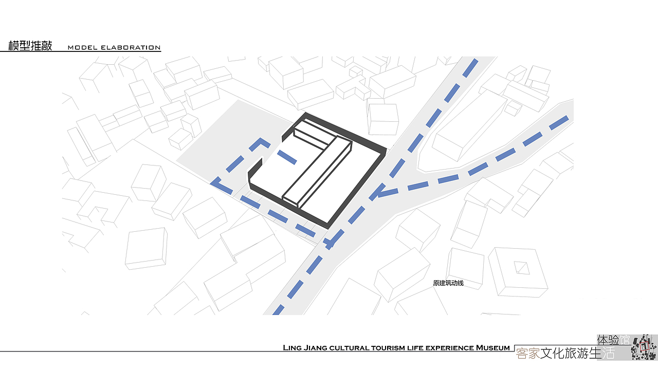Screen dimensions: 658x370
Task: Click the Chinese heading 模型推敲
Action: point(30,46)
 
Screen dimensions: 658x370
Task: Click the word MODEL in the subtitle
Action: point(82,48)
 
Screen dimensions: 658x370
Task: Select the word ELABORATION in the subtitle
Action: point(131,48)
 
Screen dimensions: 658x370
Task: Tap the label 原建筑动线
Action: point(448,283)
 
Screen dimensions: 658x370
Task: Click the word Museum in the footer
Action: point(492,348)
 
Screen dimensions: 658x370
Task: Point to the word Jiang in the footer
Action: point(316,348)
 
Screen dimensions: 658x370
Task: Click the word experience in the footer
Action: point(450,348)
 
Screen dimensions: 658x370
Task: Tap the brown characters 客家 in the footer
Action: point(528,354)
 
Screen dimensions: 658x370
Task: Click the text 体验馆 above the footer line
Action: point(613,340)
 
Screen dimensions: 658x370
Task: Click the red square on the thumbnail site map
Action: point(644,347)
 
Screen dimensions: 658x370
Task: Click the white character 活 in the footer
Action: point(608,353)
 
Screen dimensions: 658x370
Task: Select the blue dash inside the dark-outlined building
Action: point(287,157)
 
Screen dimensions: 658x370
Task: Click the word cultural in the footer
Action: point(349,348)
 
